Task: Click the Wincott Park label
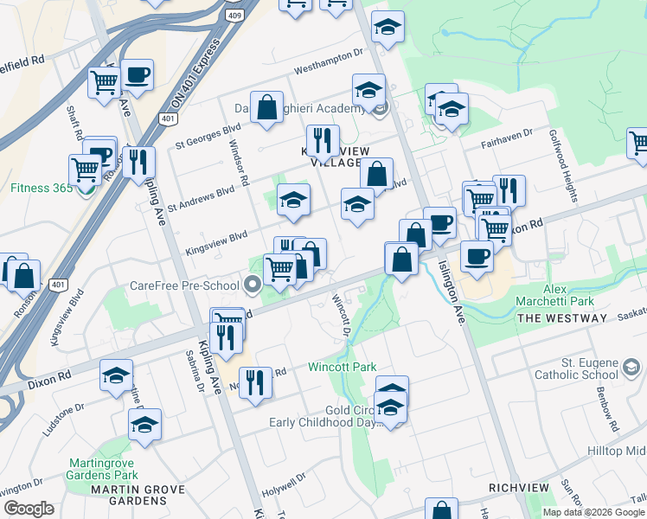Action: (342, 367)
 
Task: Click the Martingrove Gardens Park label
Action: (102, 468)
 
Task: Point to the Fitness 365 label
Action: (40, 187)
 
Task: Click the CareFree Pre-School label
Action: (185, 285)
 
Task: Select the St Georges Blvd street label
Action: (207, 135)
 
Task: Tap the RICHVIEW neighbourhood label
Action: (518, 488)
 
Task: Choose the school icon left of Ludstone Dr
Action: (116, 376)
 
